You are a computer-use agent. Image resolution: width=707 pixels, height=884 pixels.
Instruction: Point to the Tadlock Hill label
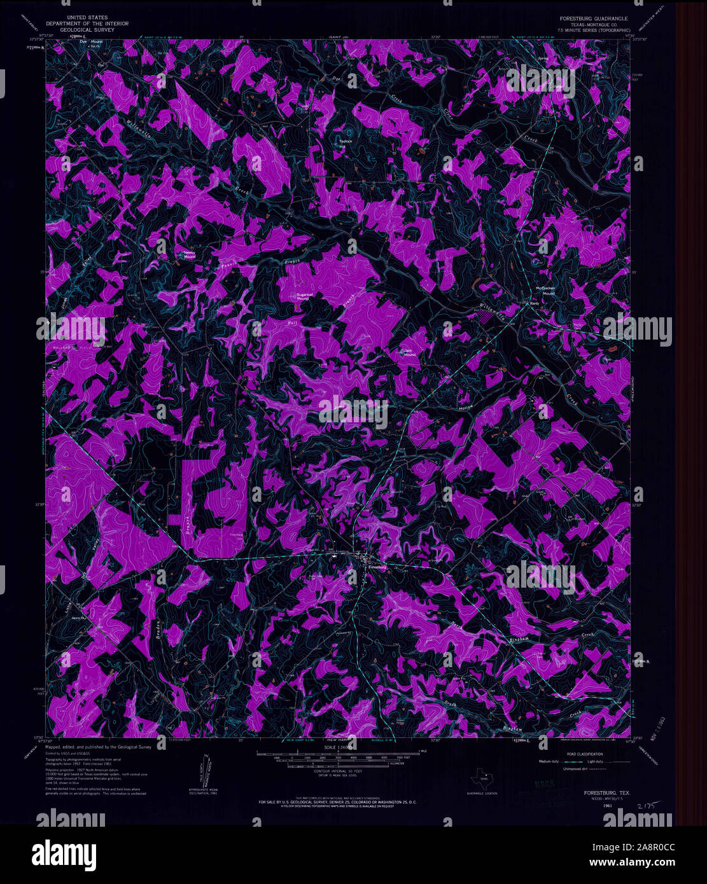pyautogui.click(x=345, y=144)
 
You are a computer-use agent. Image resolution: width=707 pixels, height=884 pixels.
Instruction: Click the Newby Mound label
pyautogui.click(x=190, y=254)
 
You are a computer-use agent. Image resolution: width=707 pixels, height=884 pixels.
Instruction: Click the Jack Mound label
pyautogui.click(x=410, y=353)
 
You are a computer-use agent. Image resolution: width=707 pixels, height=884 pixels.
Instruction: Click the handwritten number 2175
pyautogui.click(x=645, y=805)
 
